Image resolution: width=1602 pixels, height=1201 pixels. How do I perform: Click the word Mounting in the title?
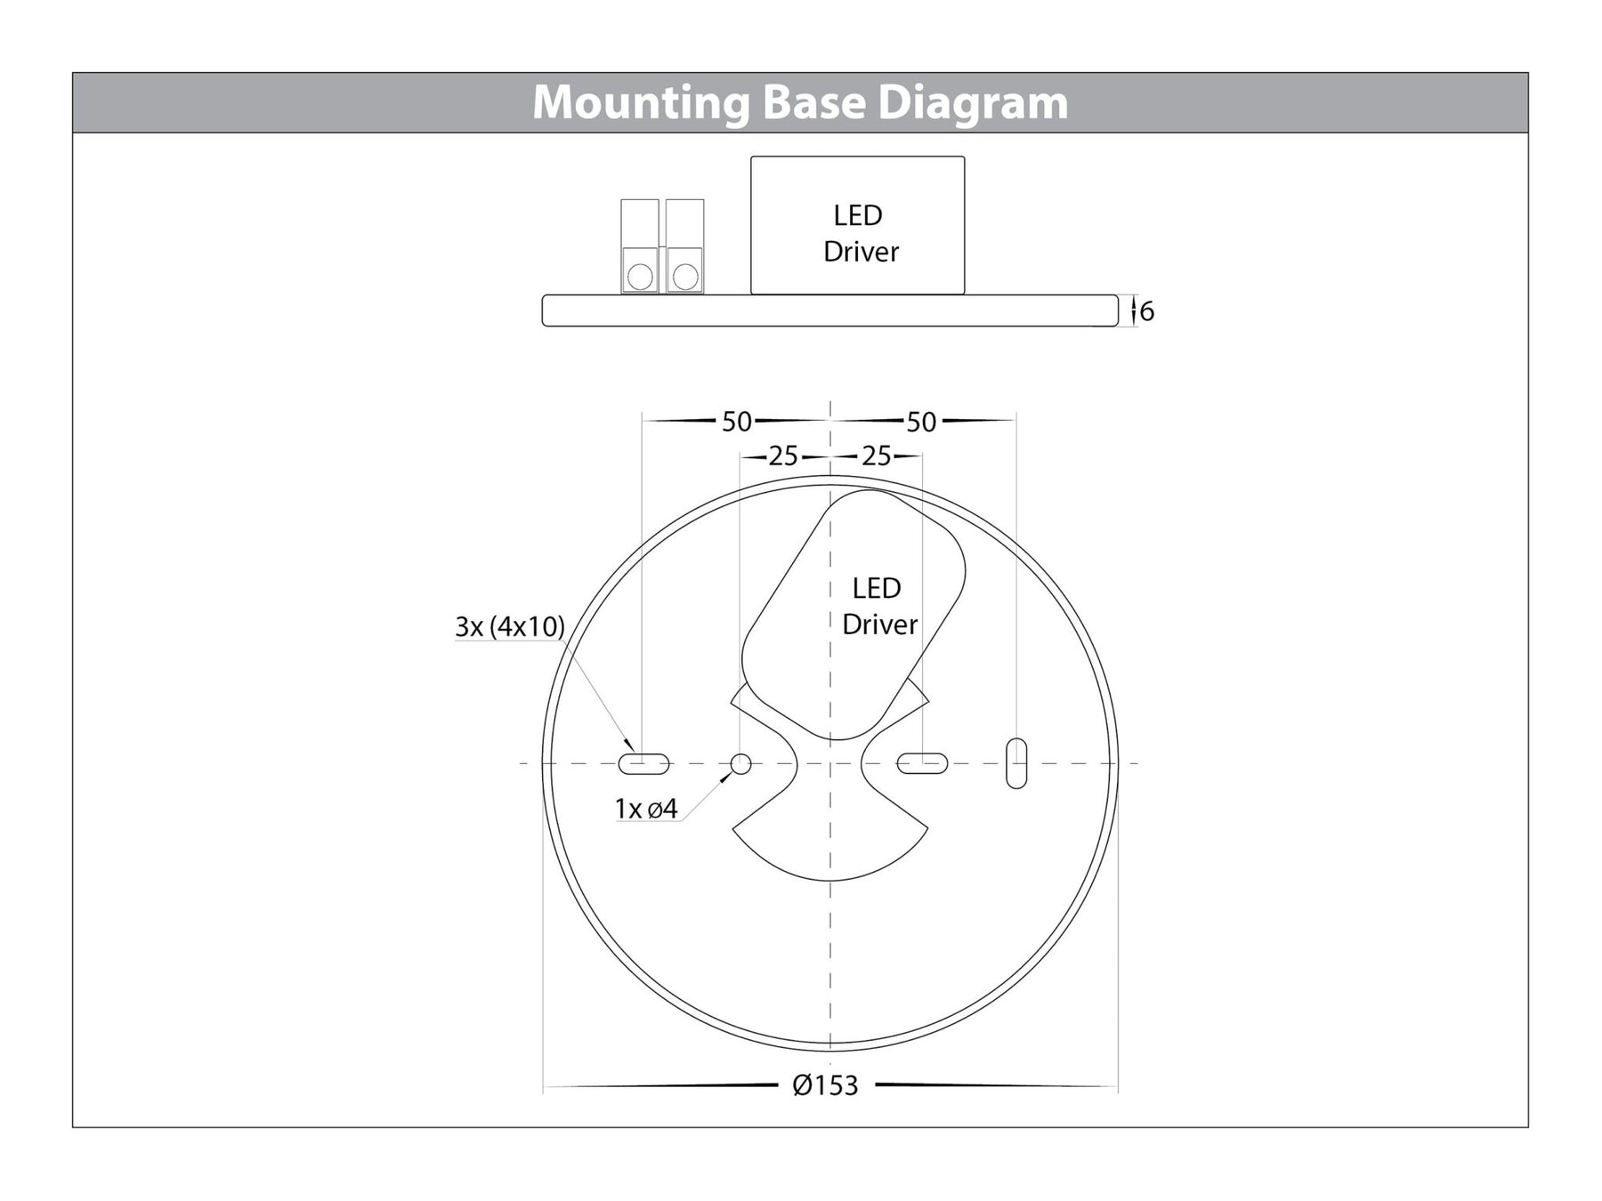pos(641,102)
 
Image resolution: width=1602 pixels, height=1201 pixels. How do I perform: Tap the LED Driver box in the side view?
pos(857,226)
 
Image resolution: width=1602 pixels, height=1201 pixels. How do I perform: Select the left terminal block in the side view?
pos(640,246)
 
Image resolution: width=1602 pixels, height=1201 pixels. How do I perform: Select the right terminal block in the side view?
pos(684,246)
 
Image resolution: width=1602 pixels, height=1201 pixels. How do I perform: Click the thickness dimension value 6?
pos(1146,311)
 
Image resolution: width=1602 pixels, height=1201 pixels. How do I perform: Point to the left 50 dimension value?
pos(736,422)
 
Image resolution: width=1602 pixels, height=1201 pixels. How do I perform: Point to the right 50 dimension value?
pos(921,422)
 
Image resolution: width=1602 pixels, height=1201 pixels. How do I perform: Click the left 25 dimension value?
pos(782,456)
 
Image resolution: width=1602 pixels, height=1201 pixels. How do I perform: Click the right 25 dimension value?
pos(876,456)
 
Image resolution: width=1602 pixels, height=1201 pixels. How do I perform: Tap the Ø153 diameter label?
pos(825,1085)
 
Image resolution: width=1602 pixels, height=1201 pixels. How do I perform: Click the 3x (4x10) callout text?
pos(510,626)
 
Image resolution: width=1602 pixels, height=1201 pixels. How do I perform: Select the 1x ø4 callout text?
pos(646,809)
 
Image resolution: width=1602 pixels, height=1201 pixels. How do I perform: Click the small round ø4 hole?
pos(740,763)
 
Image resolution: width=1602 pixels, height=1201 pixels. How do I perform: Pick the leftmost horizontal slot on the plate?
pos(643,763)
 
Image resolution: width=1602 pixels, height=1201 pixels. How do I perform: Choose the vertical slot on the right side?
pos(1015,763)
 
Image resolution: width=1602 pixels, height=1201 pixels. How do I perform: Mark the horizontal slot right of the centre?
pos(922,763)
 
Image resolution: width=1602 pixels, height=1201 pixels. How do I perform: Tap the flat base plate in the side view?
pos(829,310)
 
